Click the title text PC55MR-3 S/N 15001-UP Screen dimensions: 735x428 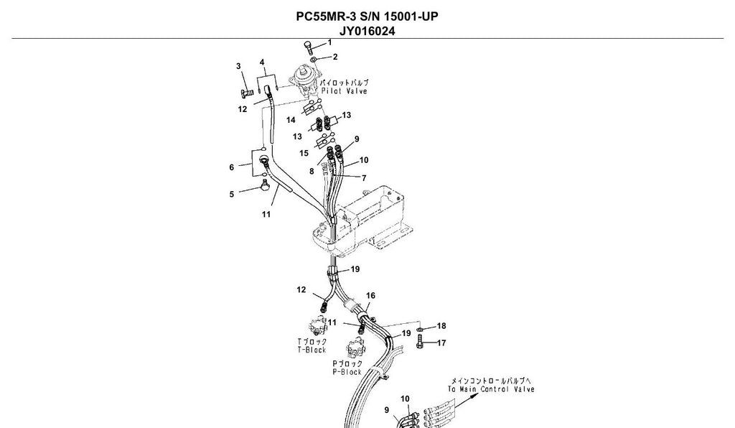click(367, 17)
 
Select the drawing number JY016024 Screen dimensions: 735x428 click(367, 32)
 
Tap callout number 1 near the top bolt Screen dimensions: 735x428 click(329, 42)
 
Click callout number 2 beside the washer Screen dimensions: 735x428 click(335, 57)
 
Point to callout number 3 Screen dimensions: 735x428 click(238, 66)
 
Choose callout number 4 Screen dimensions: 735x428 click(262, 62)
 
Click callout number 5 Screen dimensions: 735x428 click(232, 194)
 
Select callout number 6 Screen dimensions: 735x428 click(232, 167)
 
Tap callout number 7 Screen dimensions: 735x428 click(364, 178)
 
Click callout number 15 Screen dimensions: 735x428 click(304, 153)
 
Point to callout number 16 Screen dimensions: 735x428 click(370, 296)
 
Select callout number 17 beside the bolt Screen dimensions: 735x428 click(441, 343)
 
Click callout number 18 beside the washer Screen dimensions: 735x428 click(441, 326)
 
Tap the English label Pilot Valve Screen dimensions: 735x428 click(344, 91)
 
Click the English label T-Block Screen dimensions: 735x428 click(312, 350)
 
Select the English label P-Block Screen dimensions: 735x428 click(347, 372)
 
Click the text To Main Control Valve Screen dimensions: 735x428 click(491, 389)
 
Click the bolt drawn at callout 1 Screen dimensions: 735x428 click(309, 48)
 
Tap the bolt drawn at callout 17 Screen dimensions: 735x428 click(420, 343)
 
